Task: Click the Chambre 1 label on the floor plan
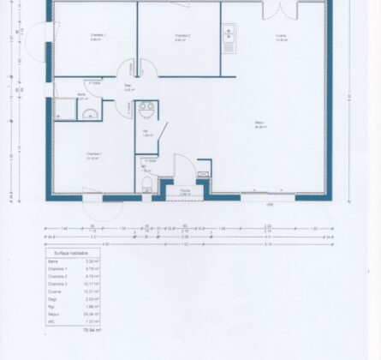tap(98, 35)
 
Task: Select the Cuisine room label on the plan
tap(281, 35)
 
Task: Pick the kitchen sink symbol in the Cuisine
tap(229, 34)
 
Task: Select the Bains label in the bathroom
tap(82, 94)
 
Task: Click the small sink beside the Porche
tap(202, 175)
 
